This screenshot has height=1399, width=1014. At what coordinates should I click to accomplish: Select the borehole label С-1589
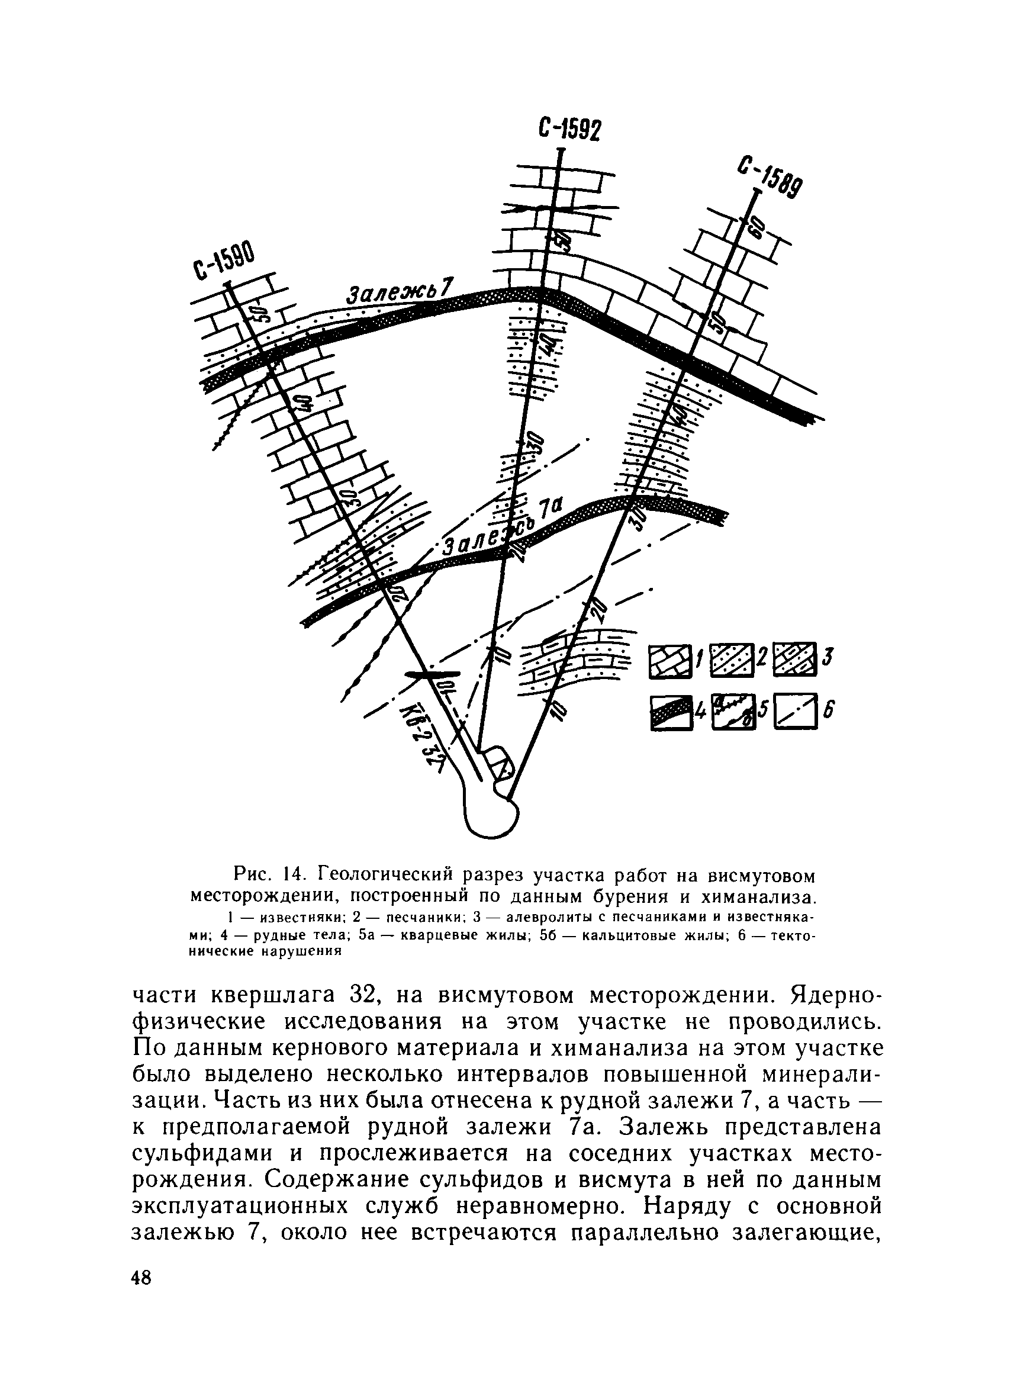click(x=770, y=180)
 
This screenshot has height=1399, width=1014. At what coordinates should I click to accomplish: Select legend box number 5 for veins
click(x=733, y=712)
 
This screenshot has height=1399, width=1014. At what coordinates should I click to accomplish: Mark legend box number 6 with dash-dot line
click(x=796, y=712)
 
